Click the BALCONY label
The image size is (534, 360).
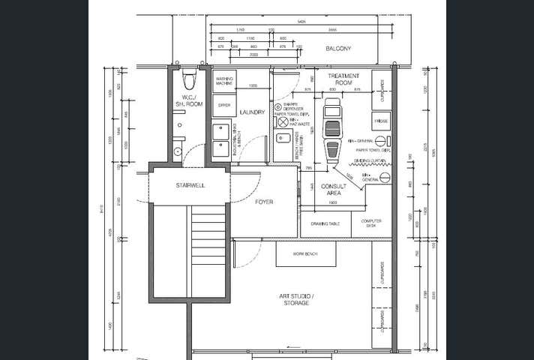[338, 49]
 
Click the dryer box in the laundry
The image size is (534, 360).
[223, 106]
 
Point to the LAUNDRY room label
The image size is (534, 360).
[252, 112]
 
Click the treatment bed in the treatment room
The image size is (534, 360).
[331, 129]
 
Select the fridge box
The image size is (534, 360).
[381, 120]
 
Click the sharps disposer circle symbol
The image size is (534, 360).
[277, 107]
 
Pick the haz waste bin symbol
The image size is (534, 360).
[283, 121]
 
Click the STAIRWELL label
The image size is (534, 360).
[190, 184]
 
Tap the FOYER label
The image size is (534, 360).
[264, 202]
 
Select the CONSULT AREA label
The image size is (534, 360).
[334, 190]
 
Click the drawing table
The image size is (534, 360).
[325, 223]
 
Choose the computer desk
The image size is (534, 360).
[371, 223]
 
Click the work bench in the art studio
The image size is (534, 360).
[305, 254]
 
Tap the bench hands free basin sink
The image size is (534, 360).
[283, 139]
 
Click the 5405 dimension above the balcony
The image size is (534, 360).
[301, 21]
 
